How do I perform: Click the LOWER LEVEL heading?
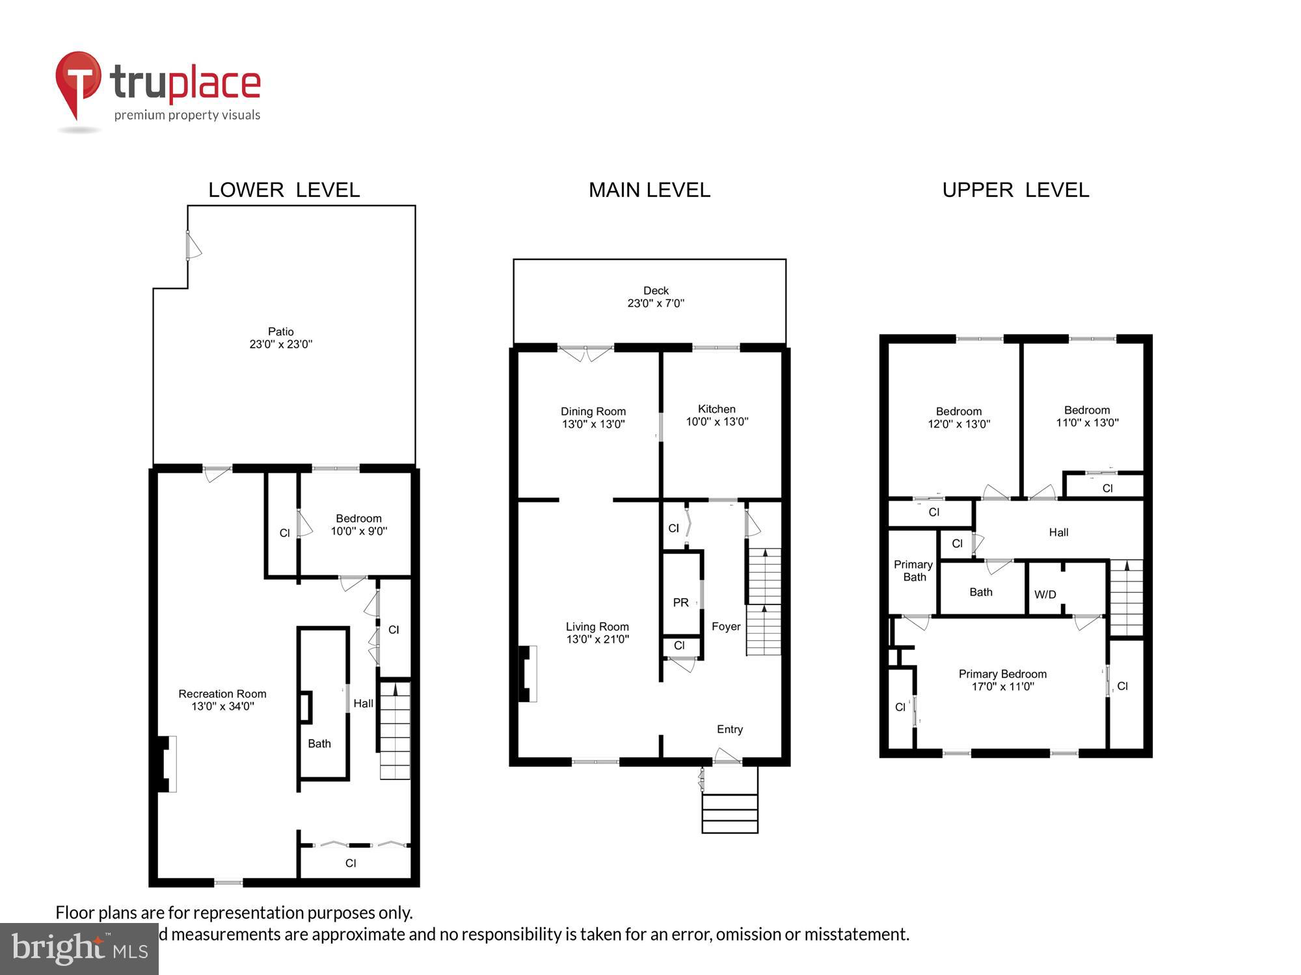(x=284, y=190)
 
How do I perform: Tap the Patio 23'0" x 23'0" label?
(x=281, y=338)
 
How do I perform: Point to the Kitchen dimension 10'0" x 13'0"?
(x=717, y=422)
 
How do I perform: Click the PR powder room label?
(x=680, y=603)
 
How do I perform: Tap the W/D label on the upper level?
(x=1045, y=594)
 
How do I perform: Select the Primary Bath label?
(x=913, y=571)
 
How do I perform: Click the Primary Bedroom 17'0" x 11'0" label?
(x=1002, y=680)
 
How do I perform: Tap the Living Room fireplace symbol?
(x=527, y=674)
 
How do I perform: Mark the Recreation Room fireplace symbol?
(x=166, y=764)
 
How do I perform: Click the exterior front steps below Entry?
(x=730, y=809)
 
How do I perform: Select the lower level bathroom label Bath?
(x=319, y=744)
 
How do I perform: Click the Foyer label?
(x=726, y=627)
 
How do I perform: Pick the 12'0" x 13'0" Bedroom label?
(x=959, y=417)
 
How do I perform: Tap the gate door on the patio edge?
(x=193, y=246)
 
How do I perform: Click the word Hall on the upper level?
(x=1058, y=532)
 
